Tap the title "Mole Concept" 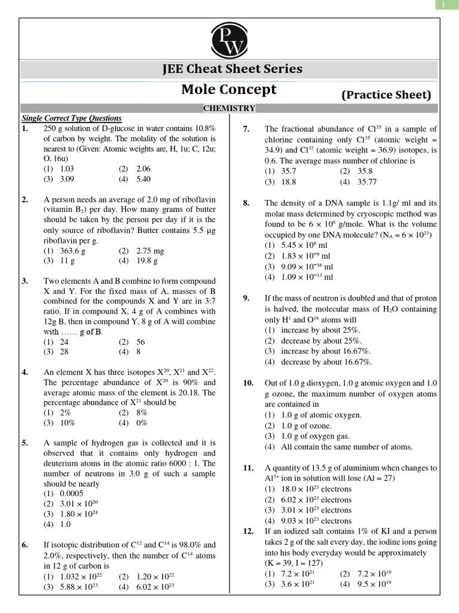point(229,90)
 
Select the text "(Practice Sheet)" point(386,95)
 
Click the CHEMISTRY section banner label point(229,108)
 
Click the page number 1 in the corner point(443,5)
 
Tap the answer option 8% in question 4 point(141,412)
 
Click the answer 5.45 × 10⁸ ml point(298,245)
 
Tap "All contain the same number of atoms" point(338,447)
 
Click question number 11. point(249,468)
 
